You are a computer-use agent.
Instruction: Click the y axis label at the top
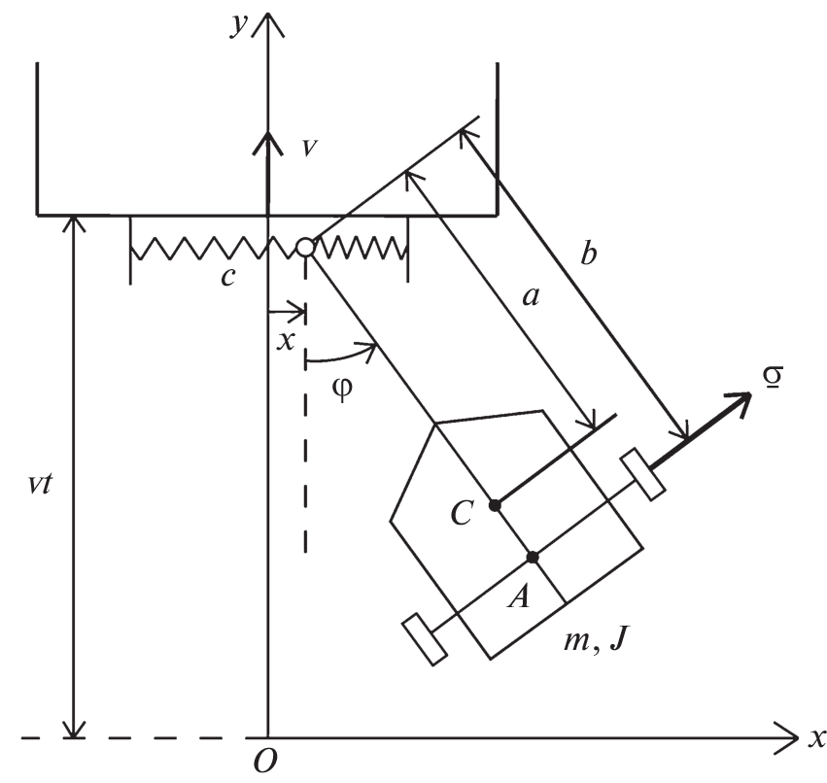(236, 26)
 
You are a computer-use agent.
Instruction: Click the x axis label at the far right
(815, 737)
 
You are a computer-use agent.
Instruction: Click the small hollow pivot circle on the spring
(305, 248)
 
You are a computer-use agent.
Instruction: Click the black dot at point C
(495, 504)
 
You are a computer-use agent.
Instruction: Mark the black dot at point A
(533, 557)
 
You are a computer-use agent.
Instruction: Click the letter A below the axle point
(520, 597)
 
